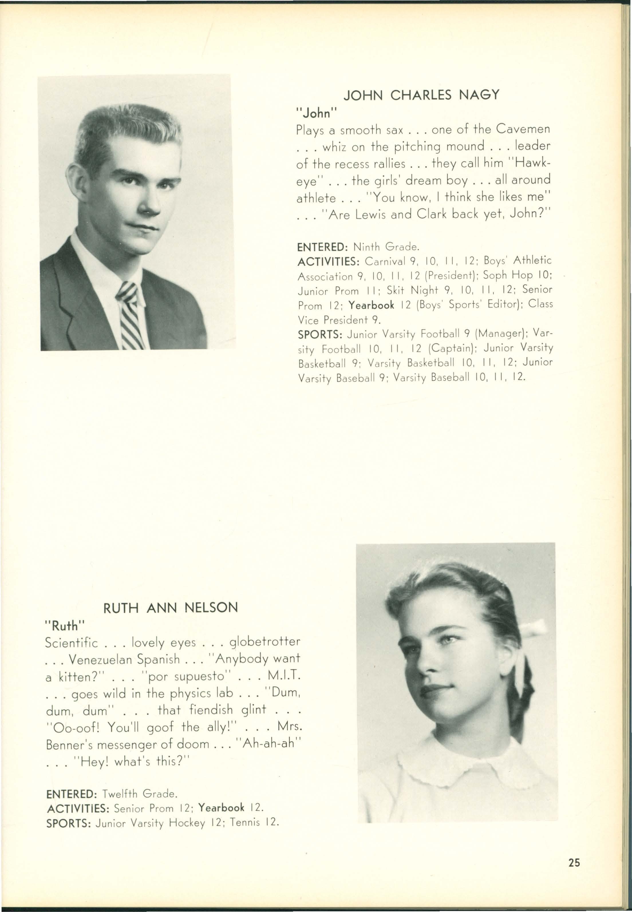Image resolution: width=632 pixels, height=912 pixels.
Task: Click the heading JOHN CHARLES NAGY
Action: pos(421,95)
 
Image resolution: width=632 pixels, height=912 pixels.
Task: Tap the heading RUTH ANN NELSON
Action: pos(171,607)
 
